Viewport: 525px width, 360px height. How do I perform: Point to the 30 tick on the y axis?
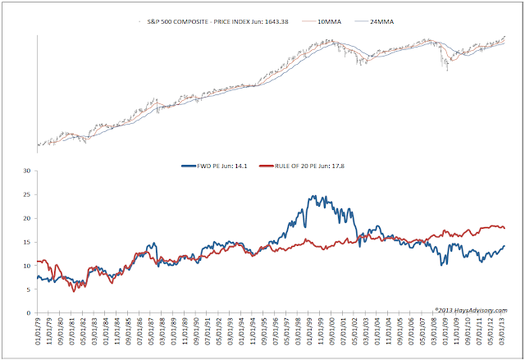coord(26,171)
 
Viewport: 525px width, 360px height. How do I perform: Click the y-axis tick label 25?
coord(26,195)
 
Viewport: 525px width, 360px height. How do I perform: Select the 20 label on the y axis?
coord(26,219)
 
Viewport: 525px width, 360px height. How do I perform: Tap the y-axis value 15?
coord(26,242)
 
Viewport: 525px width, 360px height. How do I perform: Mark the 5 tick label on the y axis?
coord(29,289)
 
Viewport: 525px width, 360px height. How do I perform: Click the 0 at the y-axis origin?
coord(29,313)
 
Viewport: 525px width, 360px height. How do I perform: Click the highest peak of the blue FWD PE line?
coord(313,196)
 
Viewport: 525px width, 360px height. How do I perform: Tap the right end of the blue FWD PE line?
coord(504,246)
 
